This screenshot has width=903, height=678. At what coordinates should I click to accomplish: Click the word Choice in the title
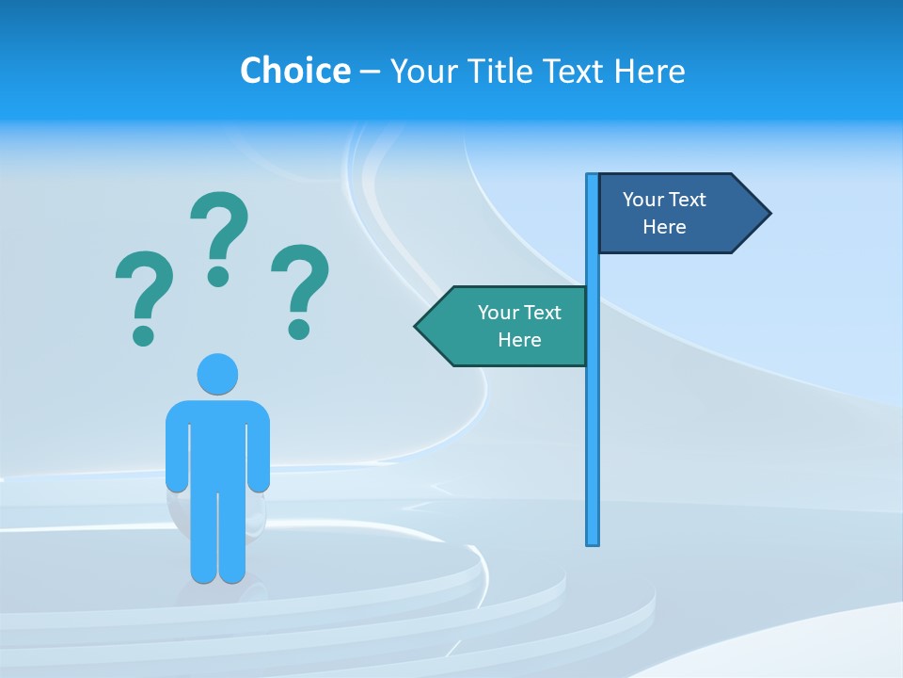pos(294,71)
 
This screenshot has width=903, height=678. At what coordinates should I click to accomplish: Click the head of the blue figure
pos(217,374)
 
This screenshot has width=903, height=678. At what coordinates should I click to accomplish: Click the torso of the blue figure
pos(217,443)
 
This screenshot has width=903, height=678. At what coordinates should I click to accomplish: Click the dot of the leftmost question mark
pos(143,335)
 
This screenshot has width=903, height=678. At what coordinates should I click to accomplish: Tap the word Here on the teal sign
pos(519,340)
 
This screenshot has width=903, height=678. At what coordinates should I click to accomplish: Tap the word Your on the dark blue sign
pos(643,200)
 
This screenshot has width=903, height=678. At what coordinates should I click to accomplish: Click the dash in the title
pos(370,72)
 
